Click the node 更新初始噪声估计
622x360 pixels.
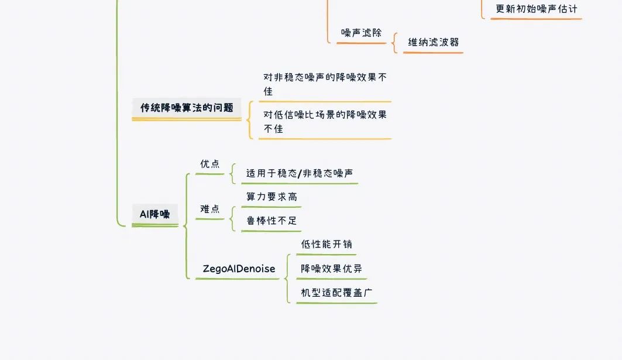pyautogui.click(x=537, y=9)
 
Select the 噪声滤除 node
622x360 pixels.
pyautogui.click(x=361, y=33)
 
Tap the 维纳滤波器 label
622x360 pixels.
pyautogui.click(x=433, y=42)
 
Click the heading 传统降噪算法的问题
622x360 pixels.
pyautogui.click(x=187, y=108)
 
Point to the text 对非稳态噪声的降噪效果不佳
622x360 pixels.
pyautogui.click(x=325, y=84)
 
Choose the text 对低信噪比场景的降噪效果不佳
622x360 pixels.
pyautogui.click(x=325, y=121)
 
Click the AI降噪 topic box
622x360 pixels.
pyautogui.click(x=154, y=214)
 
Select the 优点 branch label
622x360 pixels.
pyautogui.click(x=210, y=163)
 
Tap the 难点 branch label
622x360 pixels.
pyautogui.click(x=210, y=209)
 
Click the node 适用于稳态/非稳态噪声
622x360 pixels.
pyautogui.click(x=300, y=173)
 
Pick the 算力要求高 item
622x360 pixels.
pyautogui.click(x=272, y=197)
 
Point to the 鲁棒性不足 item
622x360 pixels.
pyautogui.click(x=272, y=221)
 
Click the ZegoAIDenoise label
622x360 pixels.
pyautogui.click(x=239, y=269)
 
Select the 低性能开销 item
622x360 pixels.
pyautogui.click(x=327, y=244)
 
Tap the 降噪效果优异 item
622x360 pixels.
pyautogui.click(x=331, y=268)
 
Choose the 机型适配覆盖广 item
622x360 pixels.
pyautogui.click(x=336, y=293)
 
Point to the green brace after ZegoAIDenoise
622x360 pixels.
pyautogui.click(x=286, y=279)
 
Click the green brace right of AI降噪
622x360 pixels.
pyautogui.click(x=185, y=226)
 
